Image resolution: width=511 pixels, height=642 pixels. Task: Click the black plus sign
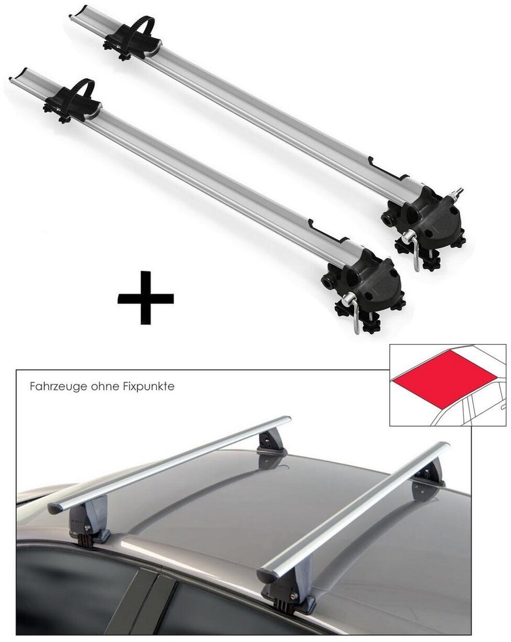click(145, 298)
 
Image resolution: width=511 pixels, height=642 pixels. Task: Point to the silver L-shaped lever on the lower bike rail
click(355, 314)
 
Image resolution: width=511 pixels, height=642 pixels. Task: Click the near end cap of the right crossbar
click(267, 570)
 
